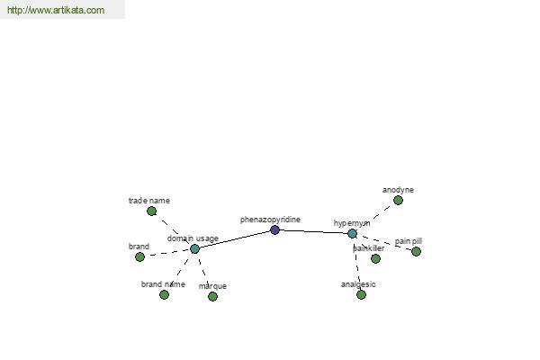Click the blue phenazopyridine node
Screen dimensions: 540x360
274,229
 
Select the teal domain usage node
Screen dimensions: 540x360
194,248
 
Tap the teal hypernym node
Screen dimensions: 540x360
352,234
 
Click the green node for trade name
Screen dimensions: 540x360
151,211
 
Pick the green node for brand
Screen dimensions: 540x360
139,256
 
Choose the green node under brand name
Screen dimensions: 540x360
165,294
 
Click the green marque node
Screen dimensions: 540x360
212,296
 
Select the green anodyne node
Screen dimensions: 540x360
398,200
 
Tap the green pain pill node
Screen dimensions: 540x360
416,251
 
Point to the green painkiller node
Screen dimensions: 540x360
375,258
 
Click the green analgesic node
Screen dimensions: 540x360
361,294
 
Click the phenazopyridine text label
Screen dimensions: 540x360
270,220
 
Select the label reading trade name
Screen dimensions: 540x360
149,201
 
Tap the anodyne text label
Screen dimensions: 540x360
398,190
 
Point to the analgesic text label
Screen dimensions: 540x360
358,284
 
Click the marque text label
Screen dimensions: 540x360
212,286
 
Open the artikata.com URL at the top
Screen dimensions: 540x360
56,10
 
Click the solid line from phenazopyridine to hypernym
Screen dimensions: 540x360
313,232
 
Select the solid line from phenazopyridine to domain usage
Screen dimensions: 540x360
235,239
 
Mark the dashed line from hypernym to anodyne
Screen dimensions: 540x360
377,216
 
